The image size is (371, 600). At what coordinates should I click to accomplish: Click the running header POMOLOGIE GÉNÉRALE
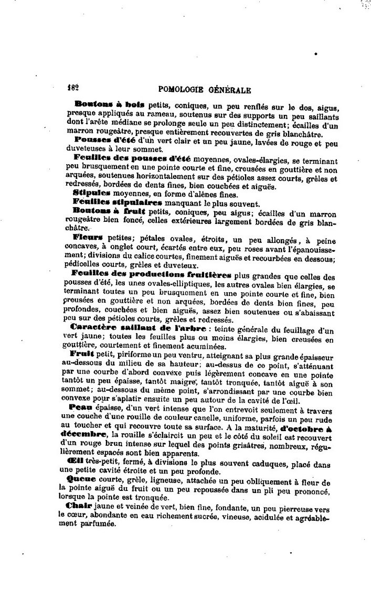click(x=204, y=90)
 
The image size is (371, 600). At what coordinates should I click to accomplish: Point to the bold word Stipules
click(x=91, y=192)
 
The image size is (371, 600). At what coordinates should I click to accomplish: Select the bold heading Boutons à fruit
click(x=110, y=210)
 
